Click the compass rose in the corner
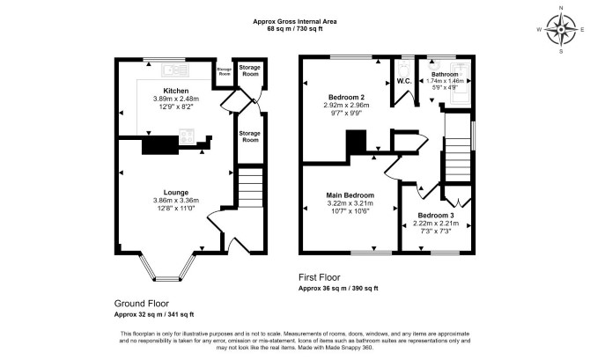click(x=561, y=30)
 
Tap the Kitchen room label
click(x=176, y=91)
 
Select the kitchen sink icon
click(x=175, y=70)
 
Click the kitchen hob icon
click(x=187, y=136)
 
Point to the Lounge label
click(x=176, y=193)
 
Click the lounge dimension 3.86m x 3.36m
click(x=176, y=201)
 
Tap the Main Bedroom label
click(x=350, y=195)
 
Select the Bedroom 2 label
click(x=346, y=97)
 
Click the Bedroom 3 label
click(x=436, y=216)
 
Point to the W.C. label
click(x=404, y=81)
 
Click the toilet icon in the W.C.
click(x=404, y=69)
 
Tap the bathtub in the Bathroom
click(x=461, y=81)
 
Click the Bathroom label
click(x=445, y=75)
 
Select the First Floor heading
click(x=319, y=277)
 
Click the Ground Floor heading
click(x=142, y=304)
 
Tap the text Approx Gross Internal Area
click(x=295, y=21)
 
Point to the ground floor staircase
click(x=250, y=187)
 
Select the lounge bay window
click(x=167, y=268)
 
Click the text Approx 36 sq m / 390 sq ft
click(x=338, y=289)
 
